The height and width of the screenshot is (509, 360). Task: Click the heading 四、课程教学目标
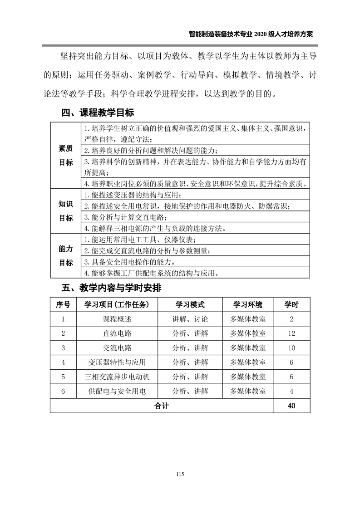tap(98, 113)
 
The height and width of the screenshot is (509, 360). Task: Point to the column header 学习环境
tap(247, 304)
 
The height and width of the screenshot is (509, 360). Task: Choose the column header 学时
tap(291, 304)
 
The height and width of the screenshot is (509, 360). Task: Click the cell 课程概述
tap(117, 319)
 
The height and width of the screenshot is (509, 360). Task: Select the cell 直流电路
tap(117, 333)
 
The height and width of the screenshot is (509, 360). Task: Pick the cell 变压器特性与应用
tap(117, 362)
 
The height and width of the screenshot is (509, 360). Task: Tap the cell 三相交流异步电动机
tap(117, 377)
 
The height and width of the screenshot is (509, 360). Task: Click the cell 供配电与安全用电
tap(117, 391)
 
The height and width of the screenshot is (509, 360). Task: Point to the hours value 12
tap(291, 333)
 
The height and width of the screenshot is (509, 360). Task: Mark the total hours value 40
tap(291, 406)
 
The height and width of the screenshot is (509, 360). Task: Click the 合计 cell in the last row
tap(161, 406)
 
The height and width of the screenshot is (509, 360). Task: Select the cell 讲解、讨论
tap(190, 319)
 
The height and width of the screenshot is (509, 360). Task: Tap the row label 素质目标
tap(66, 155)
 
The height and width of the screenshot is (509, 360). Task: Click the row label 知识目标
tap(66, 211)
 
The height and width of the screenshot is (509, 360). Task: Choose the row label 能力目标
tap(66, 255)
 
